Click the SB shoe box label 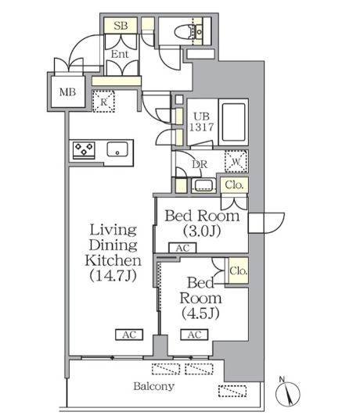[121, 26]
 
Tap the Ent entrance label [120, 54]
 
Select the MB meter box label [67, 92]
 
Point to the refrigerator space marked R [103, 102]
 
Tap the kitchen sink [117, 149]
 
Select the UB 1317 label [201, 122]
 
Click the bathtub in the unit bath [233, 122]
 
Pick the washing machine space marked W [236, 161]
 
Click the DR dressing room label [200, 164]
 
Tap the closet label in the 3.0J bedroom [234, 185]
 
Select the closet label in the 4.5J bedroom [238, 271]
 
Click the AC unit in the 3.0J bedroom [182, 248]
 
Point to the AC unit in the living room [129, 335]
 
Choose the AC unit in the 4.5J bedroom [194, 335]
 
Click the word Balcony [154, 386]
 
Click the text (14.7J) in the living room [113, 275]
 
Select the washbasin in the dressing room [203, 185]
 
